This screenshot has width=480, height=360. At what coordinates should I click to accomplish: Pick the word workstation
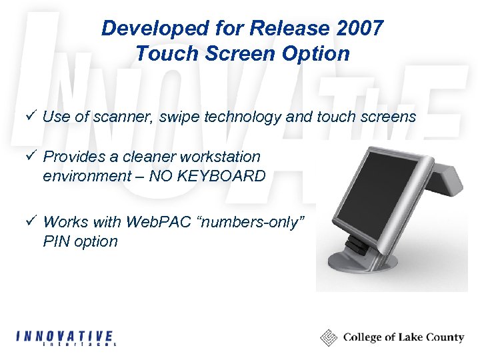click(x=221, y=157)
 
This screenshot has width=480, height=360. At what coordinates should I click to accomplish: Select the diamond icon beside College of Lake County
click(x=329, y=337)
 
